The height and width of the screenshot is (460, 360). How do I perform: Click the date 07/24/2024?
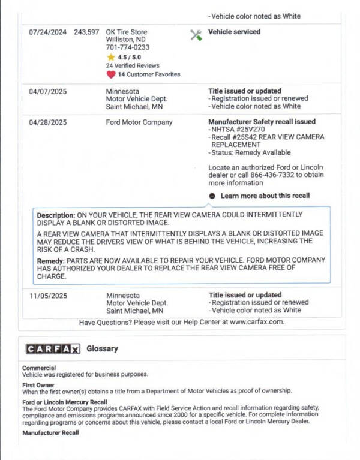pyautogui.click(x=47, y=32)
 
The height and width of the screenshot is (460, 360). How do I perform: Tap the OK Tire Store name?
pyautogui.click(x=126, y=32)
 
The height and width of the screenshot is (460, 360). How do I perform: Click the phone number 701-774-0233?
pyautogui.click(x=128, y=47)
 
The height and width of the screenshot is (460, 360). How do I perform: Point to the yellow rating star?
pyautogui.click(x=110, y=57)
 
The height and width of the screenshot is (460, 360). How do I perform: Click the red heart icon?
pyautogui.click(x=110, y=74)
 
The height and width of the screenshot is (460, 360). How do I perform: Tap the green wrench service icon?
pyautogui.click(x=196, y=35)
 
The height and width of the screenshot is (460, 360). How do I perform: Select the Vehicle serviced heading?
pyautogui.click(x=234, y=32)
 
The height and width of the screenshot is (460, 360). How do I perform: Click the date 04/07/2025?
pyautogui.click(x=47, y=91)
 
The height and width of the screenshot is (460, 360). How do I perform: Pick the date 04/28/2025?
pyautogui.click(x=47, y=122)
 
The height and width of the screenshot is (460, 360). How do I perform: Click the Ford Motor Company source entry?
pyautogui.click(x=139, y=122)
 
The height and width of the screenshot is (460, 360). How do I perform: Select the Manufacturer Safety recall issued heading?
pyautogui.click(x=262, y=122)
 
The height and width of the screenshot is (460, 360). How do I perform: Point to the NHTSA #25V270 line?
pyautogui.click(x=238, y=130)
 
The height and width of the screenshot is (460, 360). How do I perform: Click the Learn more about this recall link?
pyautogui.click(x=265, y=196)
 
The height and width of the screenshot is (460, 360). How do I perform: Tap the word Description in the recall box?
pyautogui.click(x=56, y=215)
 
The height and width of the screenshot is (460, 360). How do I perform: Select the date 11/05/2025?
pyautogui.click(x=47, y=296)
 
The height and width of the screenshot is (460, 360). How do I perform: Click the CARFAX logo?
pyautogui.click(x=53, y=349)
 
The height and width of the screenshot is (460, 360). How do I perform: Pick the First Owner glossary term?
pyautogui.click(x=38, y=385)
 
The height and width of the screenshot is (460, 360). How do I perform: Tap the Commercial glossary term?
pyautogui.click(x=39, y=368)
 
